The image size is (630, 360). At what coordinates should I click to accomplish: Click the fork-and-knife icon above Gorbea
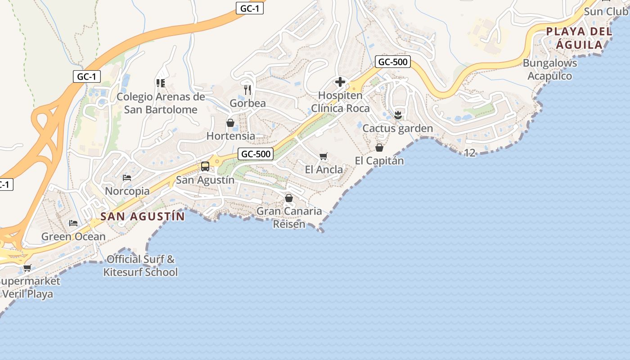(x=247, y=90)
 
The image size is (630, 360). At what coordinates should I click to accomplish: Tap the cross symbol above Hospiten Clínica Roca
(x=340, y=82)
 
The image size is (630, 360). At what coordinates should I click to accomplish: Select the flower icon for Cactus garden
(x=397, y=115)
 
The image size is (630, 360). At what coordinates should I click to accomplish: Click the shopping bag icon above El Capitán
(x=379, y=148)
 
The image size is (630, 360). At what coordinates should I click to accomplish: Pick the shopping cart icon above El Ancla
(x=323, y=157)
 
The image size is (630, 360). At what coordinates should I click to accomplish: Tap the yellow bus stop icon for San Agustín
(x=205, y=166)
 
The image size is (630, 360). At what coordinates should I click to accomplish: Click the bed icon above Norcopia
(x=127, y=178)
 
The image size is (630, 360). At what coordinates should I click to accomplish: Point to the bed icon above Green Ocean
(x=73, y=223)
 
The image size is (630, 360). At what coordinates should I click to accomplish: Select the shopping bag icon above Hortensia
(x=230, y=123)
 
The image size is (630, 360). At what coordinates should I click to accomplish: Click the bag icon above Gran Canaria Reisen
(x=289, y=198)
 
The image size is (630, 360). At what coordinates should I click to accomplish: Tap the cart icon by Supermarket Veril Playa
(x=27, y=268)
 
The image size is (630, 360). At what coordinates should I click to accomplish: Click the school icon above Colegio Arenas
(x=160, y=83)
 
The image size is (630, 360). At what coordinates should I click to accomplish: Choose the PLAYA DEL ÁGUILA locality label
(x=579, y=38)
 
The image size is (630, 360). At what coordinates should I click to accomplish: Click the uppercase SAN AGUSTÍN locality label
(x=143, y=216)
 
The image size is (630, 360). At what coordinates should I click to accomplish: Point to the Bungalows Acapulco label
(x=549, y=69)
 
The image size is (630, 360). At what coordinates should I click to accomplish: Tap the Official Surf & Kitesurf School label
(x=140, y=265)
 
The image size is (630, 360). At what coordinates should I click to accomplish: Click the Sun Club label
(x=606, y=11)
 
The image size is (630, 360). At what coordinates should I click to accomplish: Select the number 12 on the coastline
(x=469, y=153)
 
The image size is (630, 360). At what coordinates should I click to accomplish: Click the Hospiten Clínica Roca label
(x=340, y=102)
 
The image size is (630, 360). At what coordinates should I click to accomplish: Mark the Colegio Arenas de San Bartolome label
(x=161, y=103)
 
